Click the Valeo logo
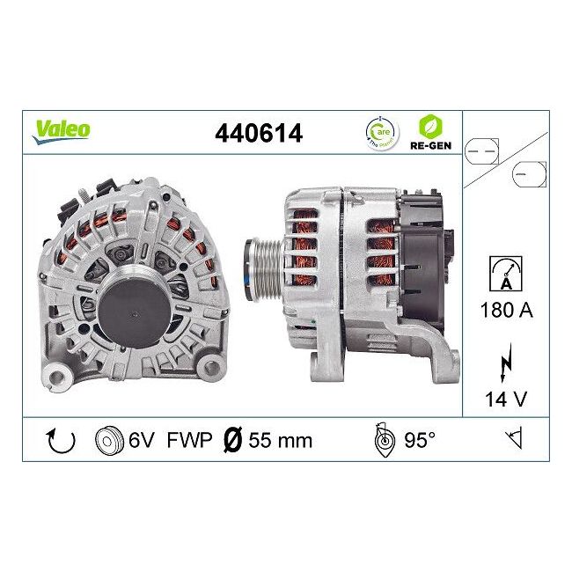click(x=62, y=129)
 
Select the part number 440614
click(x=259, y=133)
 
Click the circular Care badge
click(x=380, y=132)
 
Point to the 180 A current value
click(x=506, y=310)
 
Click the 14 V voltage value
click(x=506, y=399)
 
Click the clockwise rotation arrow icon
click(x=60, y=440)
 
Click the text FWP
click(x=190, y=440)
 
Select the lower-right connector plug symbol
click(x=530, y=174)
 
